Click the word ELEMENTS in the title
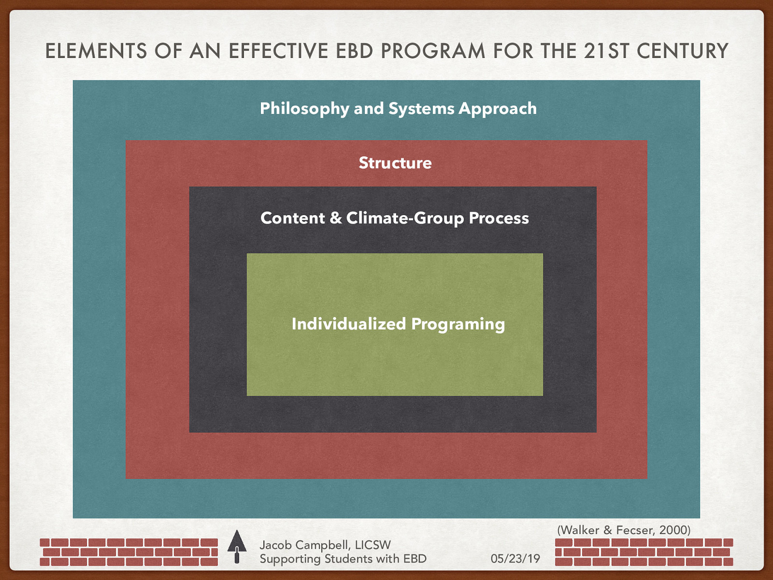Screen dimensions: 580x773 (96, 51)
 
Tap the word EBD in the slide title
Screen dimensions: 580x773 (355, 51)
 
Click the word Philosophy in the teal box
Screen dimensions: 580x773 (304, 109)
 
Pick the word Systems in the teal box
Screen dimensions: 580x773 (421, 109)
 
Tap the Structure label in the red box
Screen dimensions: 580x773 (395, 163)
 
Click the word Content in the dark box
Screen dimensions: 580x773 (292, 218)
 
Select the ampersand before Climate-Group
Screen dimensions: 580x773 (335, 218)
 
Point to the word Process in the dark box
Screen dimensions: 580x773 (499, 218)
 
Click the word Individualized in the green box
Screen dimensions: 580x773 (348, 324)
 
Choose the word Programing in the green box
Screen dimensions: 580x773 (458, 324)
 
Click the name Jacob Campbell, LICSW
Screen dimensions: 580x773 (325, 545)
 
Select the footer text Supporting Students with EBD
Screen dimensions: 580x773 (343, 559)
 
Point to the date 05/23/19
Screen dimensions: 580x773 (515, 559)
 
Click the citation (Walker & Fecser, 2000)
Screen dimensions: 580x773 (624, 530)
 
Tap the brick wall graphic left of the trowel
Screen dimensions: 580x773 (129, 552)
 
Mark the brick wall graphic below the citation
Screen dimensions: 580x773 (644, 552)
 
